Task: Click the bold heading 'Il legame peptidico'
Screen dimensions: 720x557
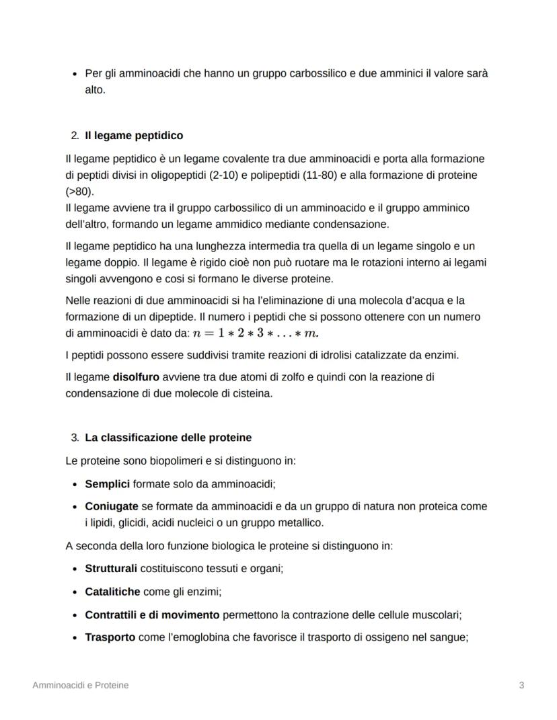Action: [134, 136]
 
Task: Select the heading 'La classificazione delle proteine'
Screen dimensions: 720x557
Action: [168, 438]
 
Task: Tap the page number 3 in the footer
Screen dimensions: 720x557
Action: [521, 685]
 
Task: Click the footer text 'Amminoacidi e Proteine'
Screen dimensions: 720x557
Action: [81, 685]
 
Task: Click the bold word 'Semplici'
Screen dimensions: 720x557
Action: [107, 483]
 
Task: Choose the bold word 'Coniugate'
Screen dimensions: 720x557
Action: [112, 506]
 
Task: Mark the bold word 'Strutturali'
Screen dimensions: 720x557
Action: [111, 569]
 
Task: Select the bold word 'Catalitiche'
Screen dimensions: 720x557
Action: [112, 592]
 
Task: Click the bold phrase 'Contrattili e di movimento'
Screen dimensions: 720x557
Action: [152, 614]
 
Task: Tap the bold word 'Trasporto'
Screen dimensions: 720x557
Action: [110, 637]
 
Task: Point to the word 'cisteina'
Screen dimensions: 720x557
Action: [252, 393]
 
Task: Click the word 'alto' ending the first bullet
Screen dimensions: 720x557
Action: [95, 89]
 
